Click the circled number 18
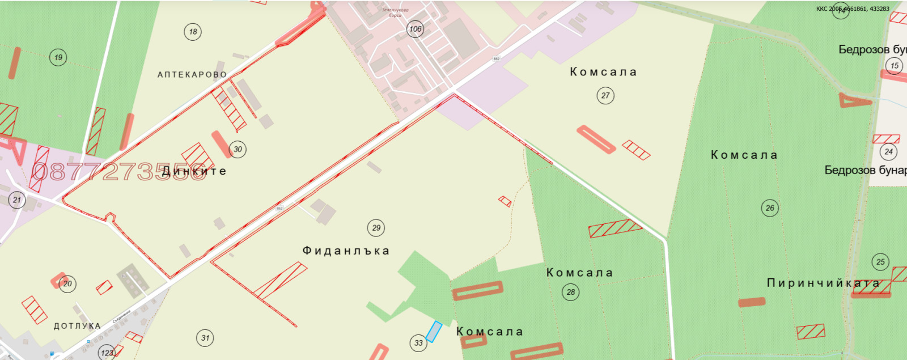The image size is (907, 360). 193,32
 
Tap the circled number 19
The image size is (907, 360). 58,57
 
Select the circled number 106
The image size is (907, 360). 416,29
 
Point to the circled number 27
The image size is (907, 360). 605,95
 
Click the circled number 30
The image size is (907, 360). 238,150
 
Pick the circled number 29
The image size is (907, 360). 376,228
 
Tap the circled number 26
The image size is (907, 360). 770,208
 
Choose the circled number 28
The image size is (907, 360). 571,292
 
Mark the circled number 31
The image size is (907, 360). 205,338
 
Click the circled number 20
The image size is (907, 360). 68,283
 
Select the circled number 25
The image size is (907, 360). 880,262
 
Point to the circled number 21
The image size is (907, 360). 17,200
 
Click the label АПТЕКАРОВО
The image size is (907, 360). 192,75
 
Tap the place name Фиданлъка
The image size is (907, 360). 346,251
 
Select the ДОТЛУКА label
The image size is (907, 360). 77,326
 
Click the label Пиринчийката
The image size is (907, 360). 823,283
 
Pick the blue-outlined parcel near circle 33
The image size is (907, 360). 434,332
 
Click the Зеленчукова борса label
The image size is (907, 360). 395,12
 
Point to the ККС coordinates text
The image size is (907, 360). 853,9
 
